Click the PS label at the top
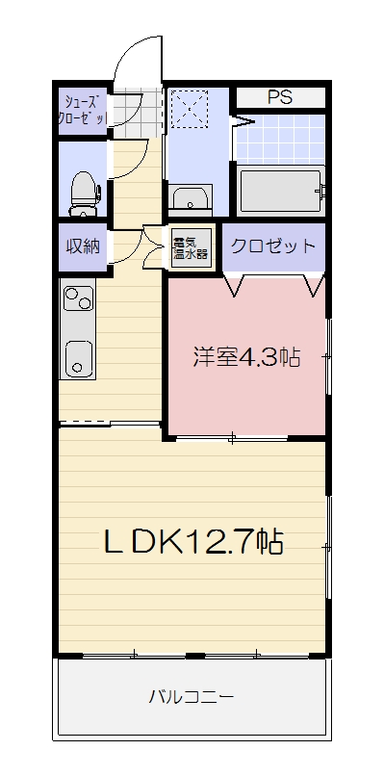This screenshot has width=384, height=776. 280,97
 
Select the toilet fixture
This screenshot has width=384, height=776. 83,192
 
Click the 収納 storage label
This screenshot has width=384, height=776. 83,246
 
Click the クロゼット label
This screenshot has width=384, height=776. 272,246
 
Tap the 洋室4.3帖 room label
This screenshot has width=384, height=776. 246,358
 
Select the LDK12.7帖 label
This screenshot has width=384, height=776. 192,542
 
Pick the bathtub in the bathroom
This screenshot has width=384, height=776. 279,191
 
